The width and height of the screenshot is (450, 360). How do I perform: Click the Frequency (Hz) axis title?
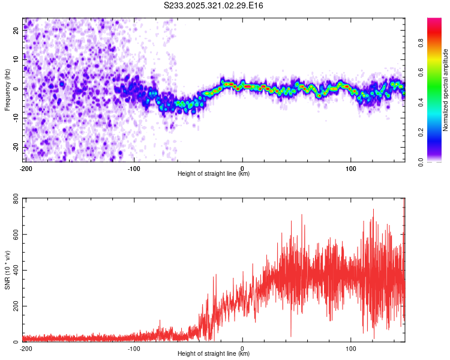coord(7,90)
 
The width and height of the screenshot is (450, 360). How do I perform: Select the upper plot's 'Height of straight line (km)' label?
coord(214,173)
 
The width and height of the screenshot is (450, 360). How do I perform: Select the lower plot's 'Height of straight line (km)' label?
coord(214,353)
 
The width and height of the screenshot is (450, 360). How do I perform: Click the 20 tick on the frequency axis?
coord(17,31)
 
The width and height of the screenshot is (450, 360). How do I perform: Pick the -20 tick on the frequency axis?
coord(16,147)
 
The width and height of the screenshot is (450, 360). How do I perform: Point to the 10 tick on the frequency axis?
coord(17,59)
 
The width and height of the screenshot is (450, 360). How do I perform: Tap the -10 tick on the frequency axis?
coord(16,118)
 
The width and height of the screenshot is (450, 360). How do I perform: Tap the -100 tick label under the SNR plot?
coord(133,349)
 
